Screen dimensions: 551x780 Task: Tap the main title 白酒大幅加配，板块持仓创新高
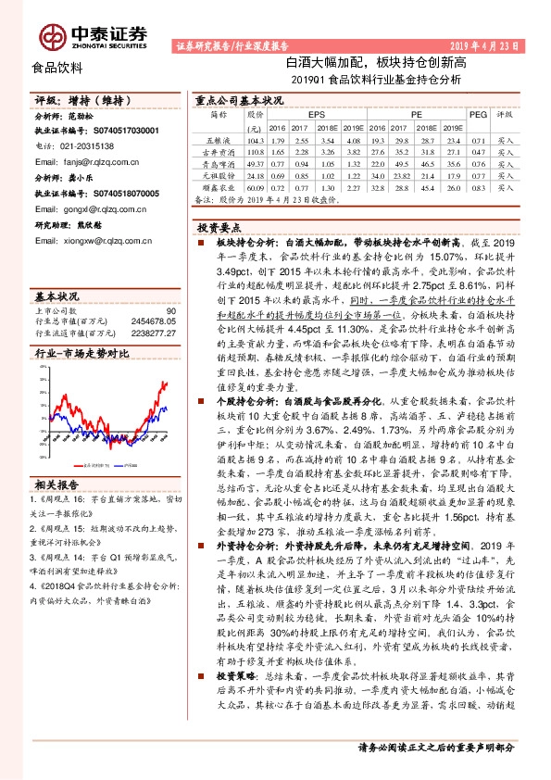376,63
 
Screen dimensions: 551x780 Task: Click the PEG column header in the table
478,114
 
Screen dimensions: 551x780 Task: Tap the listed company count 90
169,311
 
